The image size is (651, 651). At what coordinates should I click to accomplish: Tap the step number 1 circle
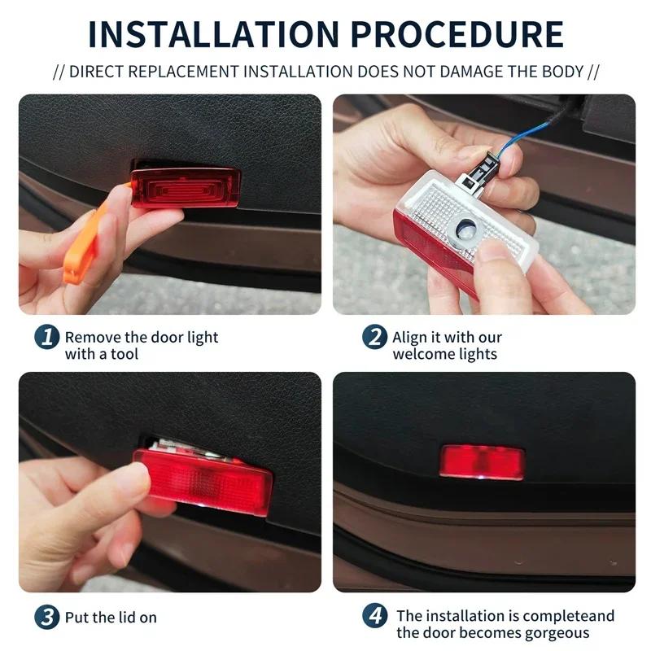[x=47, y=336]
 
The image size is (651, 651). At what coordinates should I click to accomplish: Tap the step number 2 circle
[x=374, y=336]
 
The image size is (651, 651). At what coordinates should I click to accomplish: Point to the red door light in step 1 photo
[x=186, y=187]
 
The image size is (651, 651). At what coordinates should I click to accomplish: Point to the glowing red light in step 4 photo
[x=482, y=461]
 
